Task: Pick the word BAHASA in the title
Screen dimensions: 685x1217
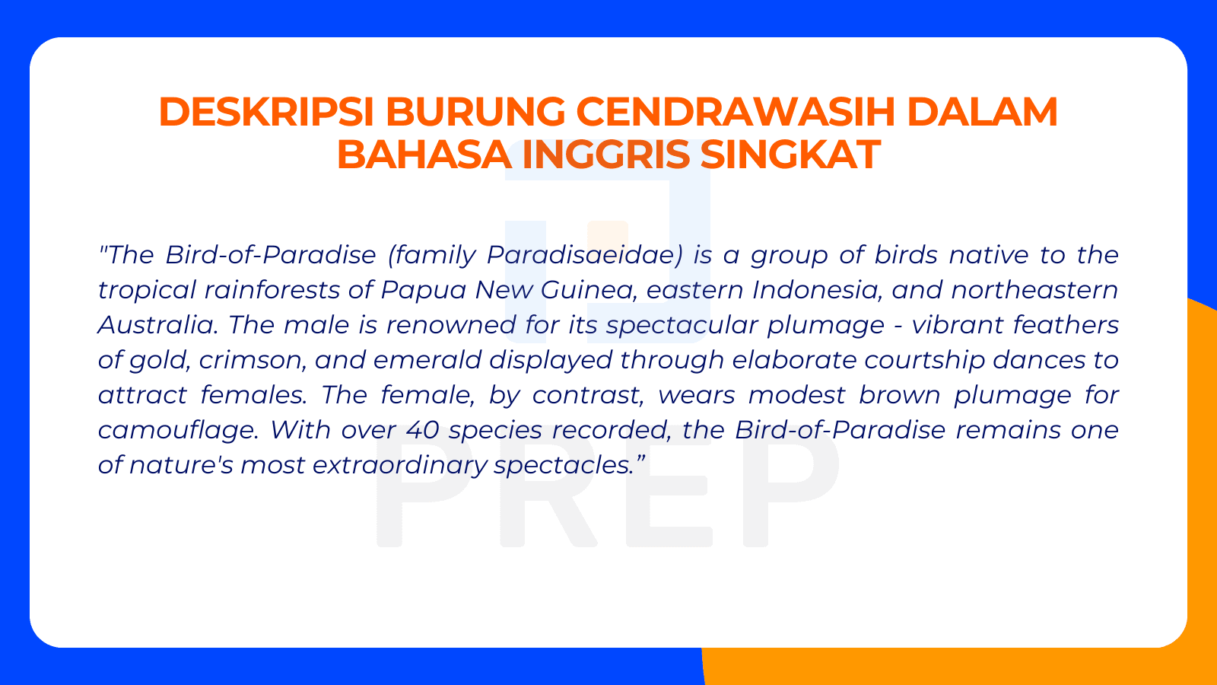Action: [x=424, y=155]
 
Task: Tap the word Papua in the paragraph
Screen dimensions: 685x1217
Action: [x=424, y=290]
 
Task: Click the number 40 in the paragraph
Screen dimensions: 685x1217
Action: [x=423, y=430]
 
